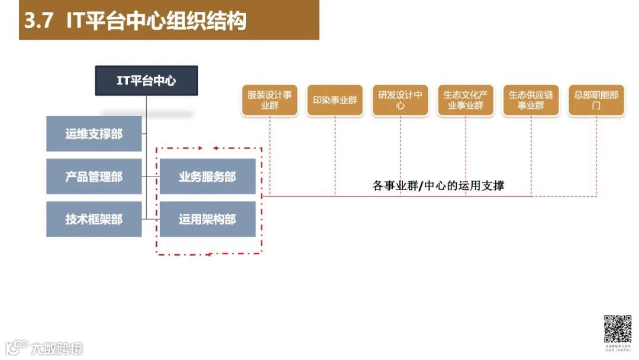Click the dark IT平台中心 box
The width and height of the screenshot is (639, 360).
click(146, 81)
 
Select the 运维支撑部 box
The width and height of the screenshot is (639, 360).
click(93, 134)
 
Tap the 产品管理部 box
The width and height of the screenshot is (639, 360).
click(93, 176)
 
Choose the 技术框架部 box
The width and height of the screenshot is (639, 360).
click(93, 219)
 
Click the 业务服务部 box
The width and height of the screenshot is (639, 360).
click(207, 176)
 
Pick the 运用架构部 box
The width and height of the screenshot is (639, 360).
click(207, 219)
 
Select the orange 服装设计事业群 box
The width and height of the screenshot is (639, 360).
click(269, 100)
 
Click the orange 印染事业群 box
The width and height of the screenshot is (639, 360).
click(335, 100)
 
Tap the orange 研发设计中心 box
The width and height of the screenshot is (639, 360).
click(400, 100)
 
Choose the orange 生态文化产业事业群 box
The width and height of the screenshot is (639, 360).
click(466, 100)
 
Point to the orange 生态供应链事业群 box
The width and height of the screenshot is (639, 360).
click(531, 100)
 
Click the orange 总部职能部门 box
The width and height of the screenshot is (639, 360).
click(596, 100)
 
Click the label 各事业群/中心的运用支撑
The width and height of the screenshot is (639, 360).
click(438, 185)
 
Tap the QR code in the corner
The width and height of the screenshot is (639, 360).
click(617, 329)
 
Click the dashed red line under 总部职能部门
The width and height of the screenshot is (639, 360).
click(596, 154)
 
